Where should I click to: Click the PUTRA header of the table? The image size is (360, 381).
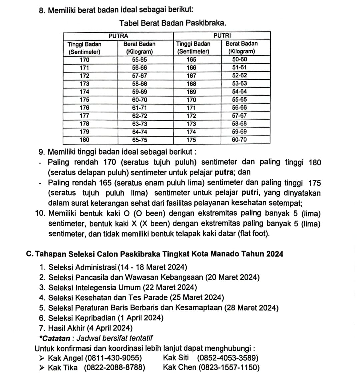pyautogui.click(x=118, y=36)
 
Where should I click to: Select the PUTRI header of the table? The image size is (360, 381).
pyautogui.click(x=222, y=36)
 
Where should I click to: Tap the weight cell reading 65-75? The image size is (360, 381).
pyautogui.click(x=139, y=140)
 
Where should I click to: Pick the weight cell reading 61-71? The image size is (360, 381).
pyautogui.click(x=139, y=108)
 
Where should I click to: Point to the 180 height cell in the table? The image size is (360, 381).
pyautogui.click(x=85, y=140)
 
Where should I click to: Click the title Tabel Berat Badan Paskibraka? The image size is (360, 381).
pyautogui.click(x=174, y=23)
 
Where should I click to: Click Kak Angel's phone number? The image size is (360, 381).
pyautogui.click(x=113, y=358)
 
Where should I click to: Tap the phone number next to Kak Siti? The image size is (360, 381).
pyautogui.click(x=228, y=358)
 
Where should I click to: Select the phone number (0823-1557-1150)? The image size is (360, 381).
pyautogui.click(x=229, y=368)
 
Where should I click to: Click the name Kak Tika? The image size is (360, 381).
pyautogui.click(x=63, y=368)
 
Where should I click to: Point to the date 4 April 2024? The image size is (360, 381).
pyautogui.click(x=110, y=328)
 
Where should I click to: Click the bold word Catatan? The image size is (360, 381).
pyautogui.click(x=56, y=338)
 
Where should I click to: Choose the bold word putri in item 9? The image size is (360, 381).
pyautogui.click(x=250, y=193)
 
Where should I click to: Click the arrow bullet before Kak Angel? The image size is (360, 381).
pyautogui.click(x=41, y=358)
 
